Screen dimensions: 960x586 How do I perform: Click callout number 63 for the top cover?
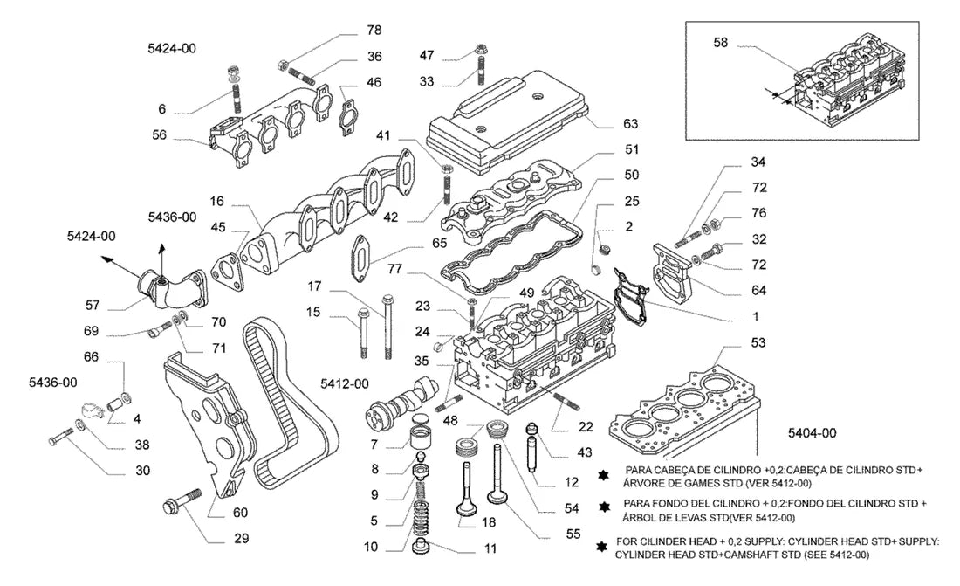pos(630,124)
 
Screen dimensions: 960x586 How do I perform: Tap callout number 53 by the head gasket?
pos(758,342)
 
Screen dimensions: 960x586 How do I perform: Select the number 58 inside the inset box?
pos(721,42)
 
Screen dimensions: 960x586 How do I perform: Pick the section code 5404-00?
pos(812,433)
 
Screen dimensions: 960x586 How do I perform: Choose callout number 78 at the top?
pos(374,30)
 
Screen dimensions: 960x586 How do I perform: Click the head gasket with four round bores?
pos(681,410)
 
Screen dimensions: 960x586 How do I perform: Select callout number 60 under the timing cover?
pos(240,513)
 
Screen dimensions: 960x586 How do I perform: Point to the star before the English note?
pos(602,547)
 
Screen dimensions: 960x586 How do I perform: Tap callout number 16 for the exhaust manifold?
pos(216,201)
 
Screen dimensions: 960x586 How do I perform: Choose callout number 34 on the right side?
pos(758,162)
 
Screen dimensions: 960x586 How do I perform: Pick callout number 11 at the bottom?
pos(490,548)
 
